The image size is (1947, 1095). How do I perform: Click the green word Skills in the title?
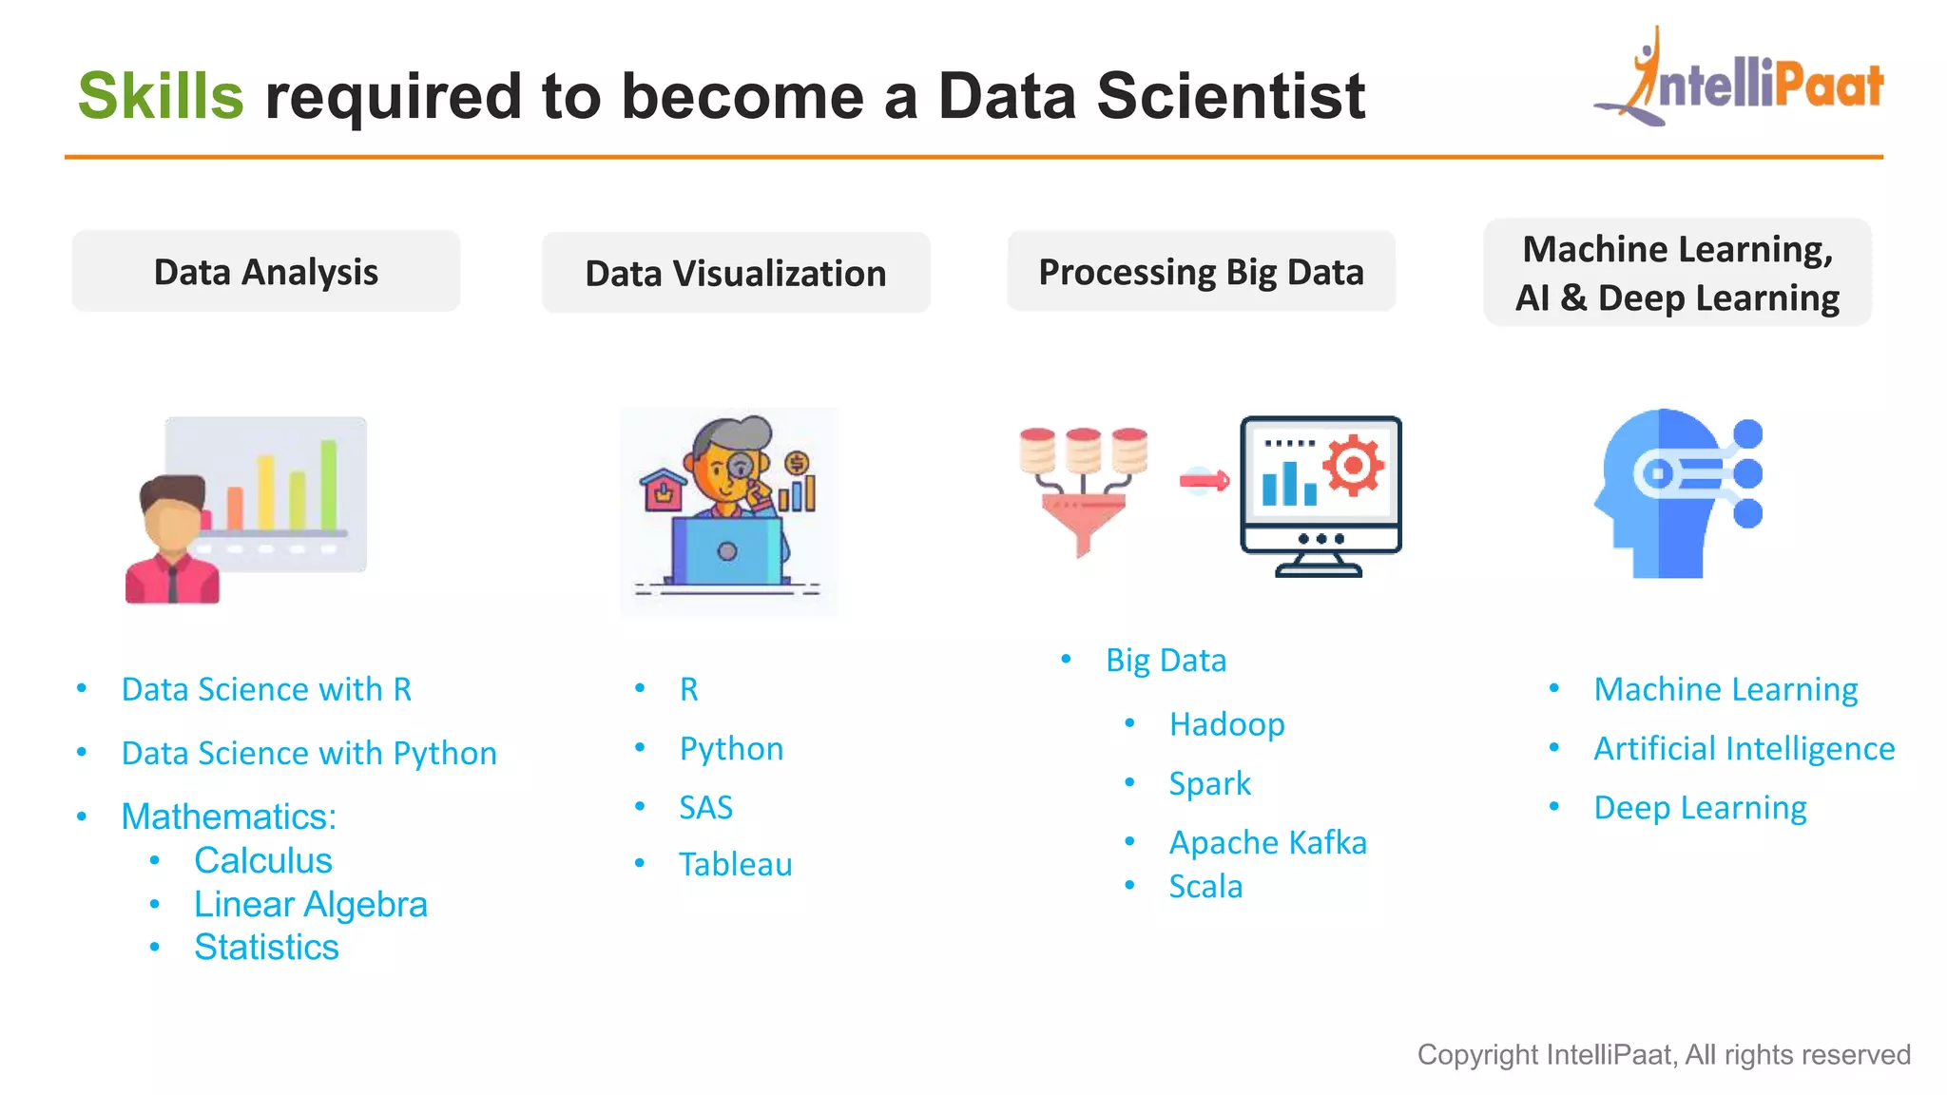click(161, 97)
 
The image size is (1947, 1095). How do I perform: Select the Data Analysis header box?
click(266, 272)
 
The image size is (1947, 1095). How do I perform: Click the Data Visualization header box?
click(736, 274)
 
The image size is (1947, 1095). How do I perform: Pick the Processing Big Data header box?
click(1201, 272)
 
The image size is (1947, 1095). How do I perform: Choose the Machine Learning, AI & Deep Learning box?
click(1677, 273)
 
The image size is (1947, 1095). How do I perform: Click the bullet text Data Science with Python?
click(309, 753)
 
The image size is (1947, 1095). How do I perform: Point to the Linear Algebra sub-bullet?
click(311, 904)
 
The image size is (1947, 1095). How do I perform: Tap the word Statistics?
click(266, 948)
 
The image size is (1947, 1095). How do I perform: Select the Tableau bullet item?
click(735, 865)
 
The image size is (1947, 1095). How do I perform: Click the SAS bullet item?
click(705, 808)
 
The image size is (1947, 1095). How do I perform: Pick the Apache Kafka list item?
click(1267, 843)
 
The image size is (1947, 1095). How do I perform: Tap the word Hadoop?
click(1226, 725)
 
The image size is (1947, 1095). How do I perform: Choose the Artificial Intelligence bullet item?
click(1744, 749)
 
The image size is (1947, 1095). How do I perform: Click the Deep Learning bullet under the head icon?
click(1700, 808)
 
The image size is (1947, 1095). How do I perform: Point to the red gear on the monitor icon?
click(1354, 466)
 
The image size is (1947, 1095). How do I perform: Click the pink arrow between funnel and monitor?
click(1204, 481)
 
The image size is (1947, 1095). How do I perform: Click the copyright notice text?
click(1663, 1055)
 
